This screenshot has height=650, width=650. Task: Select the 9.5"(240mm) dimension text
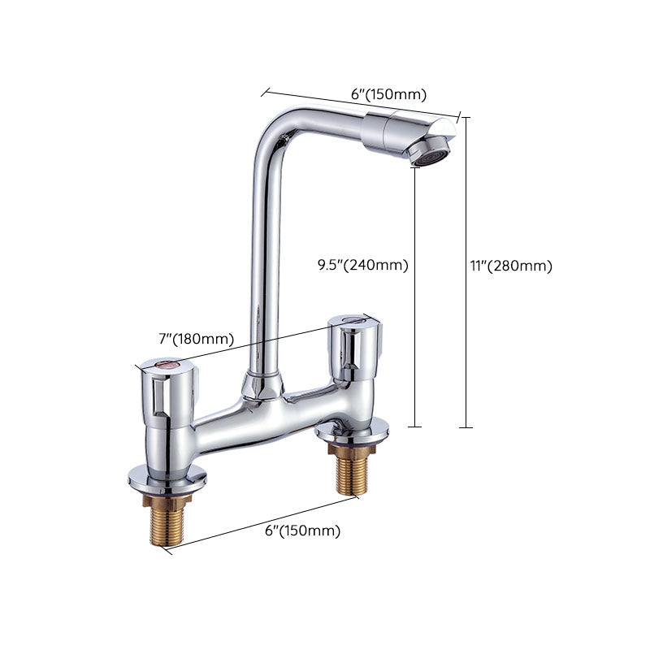pyautogui.click(x=362, y=264)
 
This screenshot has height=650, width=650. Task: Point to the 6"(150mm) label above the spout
pyautogui.click(x=388, y=94)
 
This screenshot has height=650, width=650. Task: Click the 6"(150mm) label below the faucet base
pyautogui.click(x=302, y=531)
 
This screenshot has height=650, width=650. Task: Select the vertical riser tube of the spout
pyautogui.click(x=265, y=260)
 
